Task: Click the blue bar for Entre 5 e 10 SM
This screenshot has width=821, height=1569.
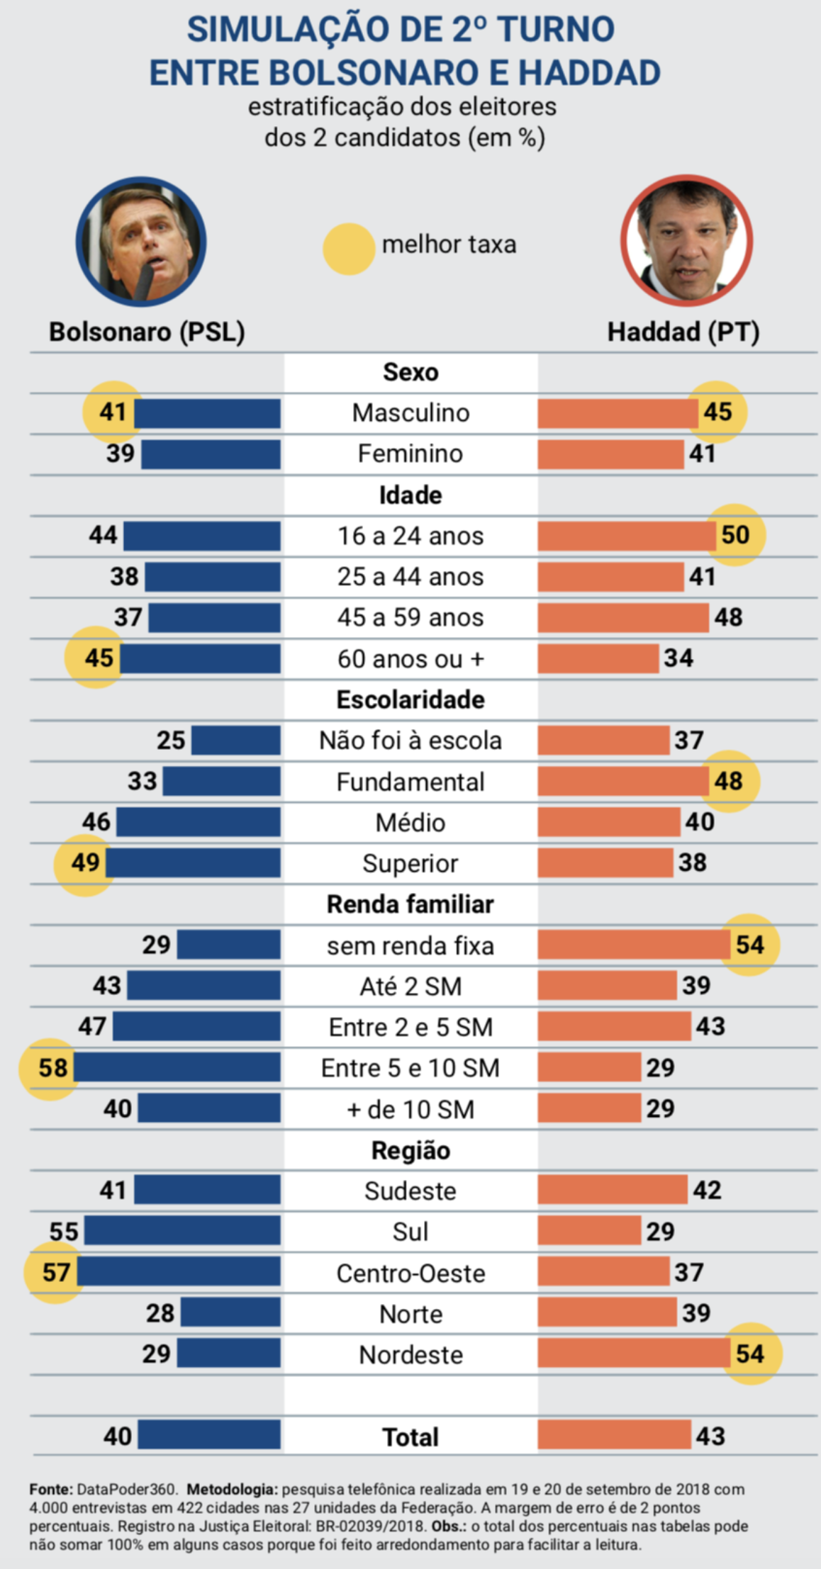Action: click(x=177, y=1067)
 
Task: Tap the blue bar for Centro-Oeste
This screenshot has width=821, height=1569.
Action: click(x=179, y=1272)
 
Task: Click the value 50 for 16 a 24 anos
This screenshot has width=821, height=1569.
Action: click(x=735, y=535)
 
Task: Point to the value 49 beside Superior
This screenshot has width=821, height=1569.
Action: click(x=85, y=862)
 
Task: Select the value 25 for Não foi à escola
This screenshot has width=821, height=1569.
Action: click(x=171, y=741)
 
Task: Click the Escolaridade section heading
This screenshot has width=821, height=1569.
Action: click(x=410, y=700)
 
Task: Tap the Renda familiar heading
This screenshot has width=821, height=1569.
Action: click(x=410, y=904)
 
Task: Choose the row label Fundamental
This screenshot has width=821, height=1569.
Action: click(x=410, y=782)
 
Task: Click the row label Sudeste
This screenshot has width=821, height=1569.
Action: click(x=410, y=1191)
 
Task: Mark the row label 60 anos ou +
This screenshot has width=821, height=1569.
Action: click(x=410, y=659)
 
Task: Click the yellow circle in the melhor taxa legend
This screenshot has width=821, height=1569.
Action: click(x=349, y=249)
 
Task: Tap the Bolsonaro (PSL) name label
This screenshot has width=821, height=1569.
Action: click(x=147, y=332)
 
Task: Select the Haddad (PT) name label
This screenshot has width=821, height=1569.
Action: click(x=683, y=332)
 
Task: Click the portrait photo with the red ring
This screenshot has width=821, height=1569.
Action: click(x=686, y=241)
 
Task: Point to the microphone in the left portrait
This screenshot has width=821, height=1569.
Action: click(x=144, y=281)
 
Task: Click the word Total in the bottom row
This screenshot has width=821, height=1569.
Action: click(x=410, y=1436)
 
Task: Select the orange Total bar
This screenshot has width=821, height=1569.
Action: click(x=614, y=1435)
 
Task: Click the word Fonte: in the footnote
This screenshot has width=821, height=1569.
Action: click(x=51, y=1490)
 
